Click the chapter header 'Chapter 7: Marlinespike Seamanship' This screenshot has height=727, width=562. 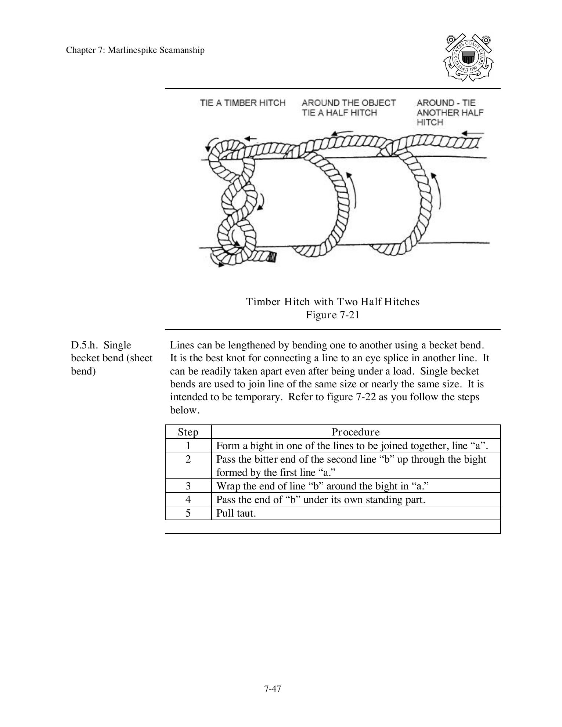(135, 50)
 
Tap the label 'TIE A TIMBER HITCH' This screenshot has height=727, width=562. (243, 103)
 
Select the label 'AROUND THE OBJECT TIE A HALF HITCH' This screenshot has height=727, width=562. (349, 108)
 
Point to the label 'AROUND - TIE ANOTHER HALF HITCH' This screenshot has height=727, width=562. (450, 112)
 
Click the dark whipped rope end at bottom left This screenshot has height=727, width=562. (271, 257)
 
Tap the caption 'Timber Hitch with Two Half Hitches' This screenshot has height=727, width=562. (332, 302)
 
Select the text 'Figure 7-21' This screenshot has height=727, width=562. (332, 315)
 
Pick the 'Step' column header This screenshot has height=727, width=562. (188, 432)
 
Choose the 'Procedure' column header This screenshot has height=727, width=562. (356, 432)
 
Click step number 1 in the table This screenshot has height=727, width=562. (188, 446)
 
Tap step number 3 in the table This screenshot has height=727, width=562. (188, 486)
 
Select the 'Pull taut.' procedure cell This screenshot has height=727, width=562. (236, 513)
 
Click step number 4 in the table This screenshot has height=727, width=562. (188, 500)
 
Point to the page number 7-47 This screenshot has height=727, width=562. (273, 689)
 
